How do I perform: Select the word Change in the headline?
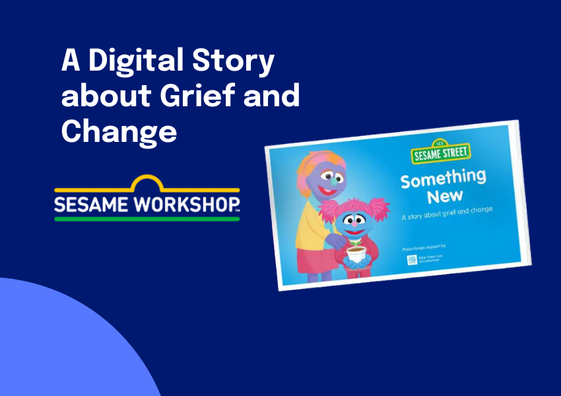(119, 131)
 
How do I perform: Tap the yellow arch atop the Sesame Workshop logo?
(147, 182)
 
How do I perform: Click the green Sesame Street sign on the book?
(440, 153)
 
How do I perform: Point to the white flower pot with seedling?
(357, 254)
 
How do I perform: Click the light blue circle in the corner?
(59, 343)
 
